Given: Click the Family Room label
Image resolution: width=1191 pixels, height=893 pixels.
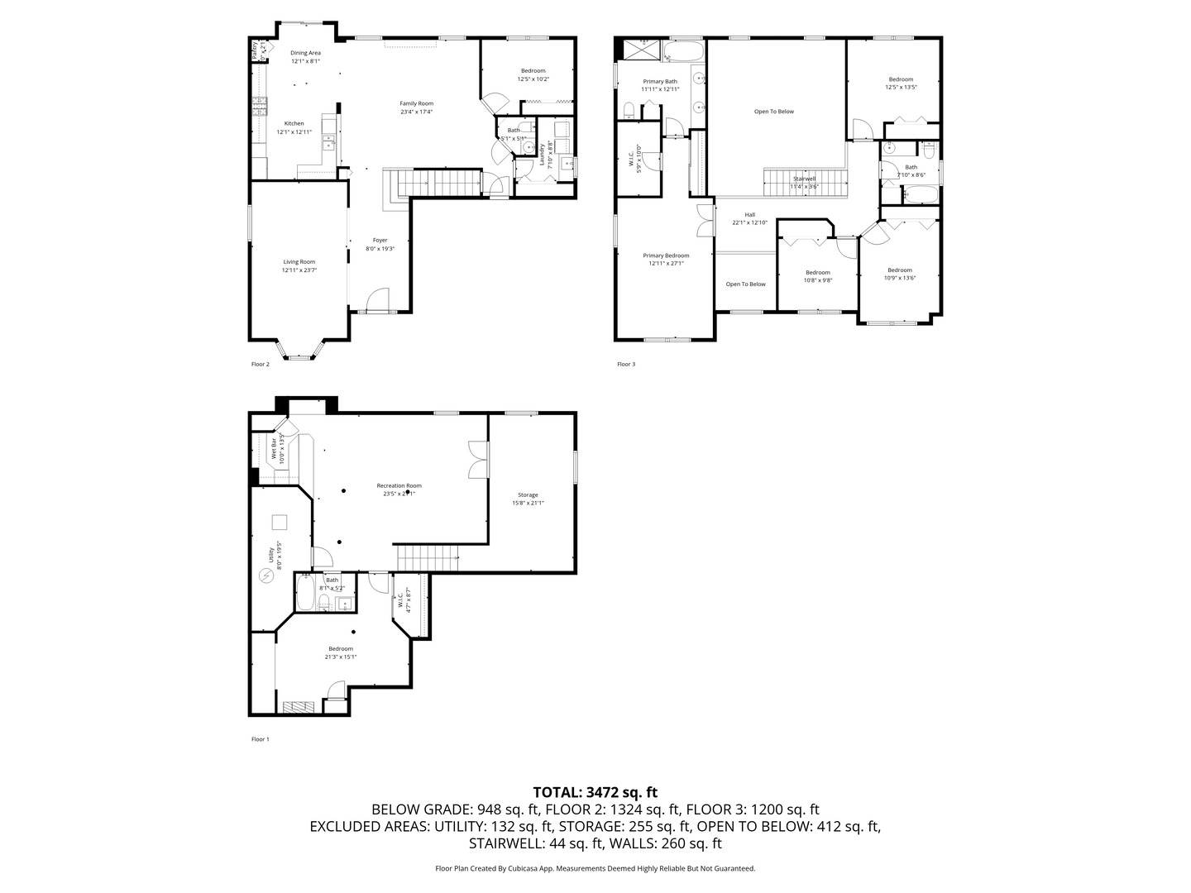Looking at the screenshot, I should [x=417, y=104].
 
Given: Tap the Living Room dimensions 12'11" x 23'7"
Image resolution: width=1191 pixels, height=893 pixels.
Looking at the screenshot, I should [x=299, y=270].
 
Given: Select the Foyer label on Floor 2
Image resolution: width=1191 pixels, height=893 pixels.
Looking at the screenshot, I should [x=380, y=241].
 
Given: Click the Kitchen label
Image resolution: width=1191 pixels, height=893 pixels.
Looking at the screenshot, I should [x=294, y=124].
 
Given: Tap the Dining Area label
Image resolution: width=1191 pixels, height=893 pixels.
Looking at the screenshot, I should [x=305, y=53].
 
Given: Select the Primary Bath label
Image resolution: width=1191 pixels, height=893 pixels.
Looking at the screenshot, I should [x=660, y=81].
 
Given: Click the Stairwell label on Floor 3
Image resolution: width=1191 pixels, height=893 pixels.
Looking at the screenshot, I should [x=804, y=179].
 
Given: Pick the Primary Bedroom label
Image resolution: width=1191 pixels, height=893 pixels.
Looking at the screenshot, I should [x=666, y=255].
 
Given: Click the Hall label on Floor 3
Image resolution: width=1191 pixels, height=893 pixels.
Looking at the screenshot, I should [x=749, y=215].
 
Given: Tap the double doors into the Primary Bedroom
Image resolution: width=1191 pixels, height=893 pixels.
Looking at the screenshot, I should [x=704, y=220].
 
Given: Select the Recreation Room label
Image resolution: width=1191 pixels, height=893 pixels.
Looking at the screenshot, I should [x=399, y=486].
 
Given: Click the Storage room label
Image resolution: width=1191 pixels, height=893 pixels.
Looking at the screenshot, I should [x=528, y=495].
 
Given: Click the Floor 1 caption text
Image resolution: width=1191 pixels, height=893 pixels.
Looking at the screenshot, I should [x=261, y=739].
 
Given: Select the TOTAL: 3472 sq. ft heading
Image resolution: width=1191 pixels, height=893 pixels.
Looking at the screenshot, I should [x=595, y=792].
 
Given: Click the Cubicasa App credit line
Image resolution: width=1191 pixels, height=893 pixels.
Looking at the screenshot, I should [x=595, y=869].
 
